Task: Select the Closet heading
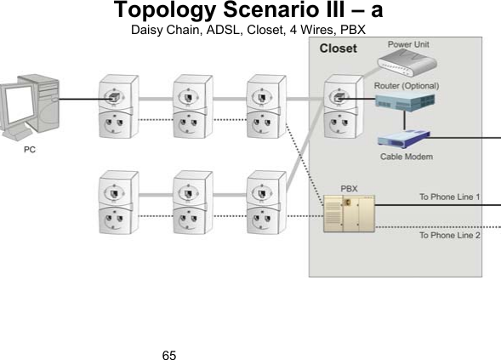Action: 338,49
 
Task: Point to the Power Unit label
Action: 409,43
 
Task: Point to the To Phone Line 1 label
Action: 450,197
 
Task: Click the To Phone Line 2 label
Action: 450,235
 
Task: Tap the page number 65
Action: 168,350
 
